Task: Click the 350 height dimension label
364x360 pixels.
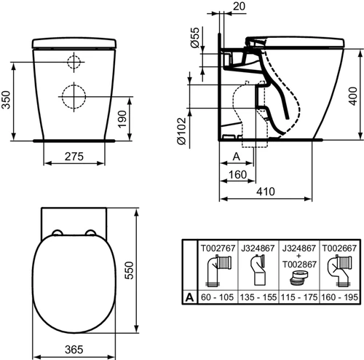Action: coord(6,100)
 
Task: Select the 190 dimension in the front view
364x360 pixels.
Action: coord(122,119)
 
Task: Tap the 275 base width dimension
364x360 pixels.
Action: coord(74,157)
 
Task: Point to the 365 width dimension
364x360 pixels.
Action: coord(74,350)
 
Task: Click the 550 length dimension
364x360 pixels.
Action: coord(129,270)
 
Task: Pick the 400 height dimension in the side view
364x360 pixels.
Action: coord(353,96)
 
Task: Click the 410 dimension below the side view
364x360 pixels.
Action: coord(266,192)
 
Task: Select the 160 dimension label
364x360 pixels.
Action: coord(237,175)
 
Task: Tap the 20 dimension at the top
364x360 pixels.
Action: coord(239,7)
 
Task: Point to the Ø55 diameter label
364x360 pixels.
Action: coord(195,37)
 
